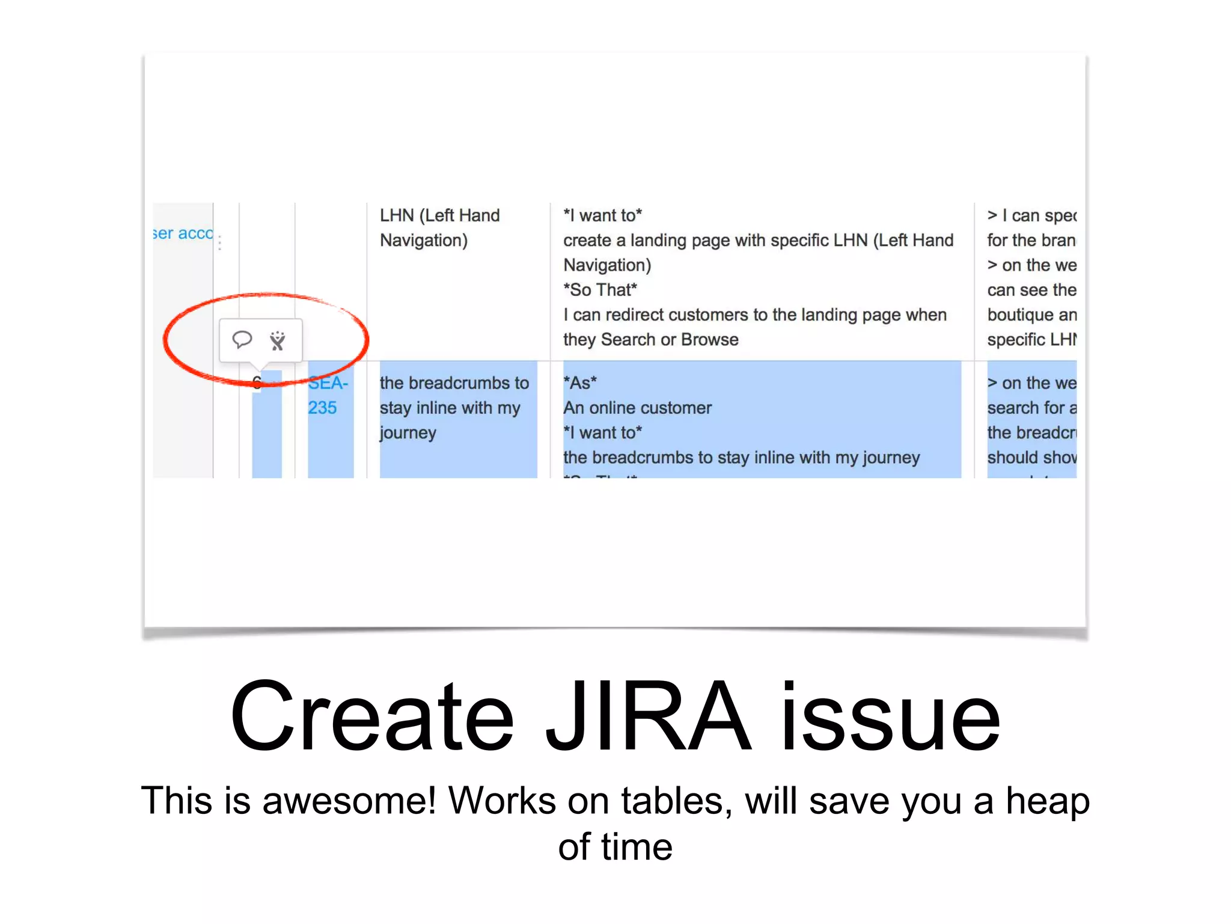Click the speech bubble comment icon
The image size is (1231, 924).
click(x=242, y=340)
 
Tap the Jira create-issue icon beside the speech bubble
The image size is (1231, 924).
click(x=277, y=340)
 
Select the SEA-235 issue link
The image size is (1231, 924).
click(x=328, y=395)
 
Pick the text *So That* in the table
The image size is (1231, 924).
click(x=600, y=290)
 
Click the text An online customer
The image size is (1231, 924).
click(x=637, y=408)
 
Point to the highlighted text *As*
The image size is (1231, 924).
click(x=580, y=383)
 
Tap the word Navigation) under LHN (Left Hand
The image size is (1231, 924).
click(x=424, y=241)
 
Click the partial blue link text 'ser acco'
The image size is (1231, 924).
click(x=183, y=233)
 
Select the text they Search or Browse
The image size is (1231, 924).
click(x=650, y=340)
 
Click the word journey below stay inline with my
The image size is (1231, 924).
click(x=408, y=433)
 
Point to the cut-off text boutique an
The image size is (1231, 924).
click(x=1031, y=315)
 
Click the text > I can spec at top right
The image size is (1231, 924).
click(x=1031, y=215)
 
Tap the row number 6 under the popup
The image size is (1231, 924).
click(x=257, y=383)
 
